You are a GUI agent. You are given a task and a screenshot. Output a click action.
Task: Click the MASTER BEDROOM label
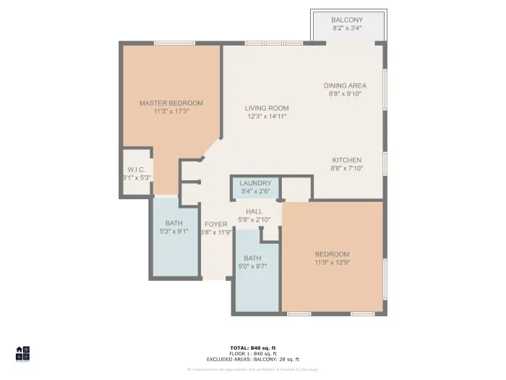(171, 104)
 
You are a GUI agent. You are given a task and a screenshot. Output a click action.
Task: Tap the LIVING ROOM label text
(266, 108)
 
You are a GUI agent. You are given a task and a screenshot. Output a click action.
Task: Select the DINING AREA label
(345, 85)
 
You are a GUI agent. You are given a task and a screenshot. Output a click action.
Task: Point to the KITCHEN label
(346, 160)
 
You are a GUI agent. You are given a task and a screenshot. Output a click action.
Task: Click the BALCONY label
(346, 20)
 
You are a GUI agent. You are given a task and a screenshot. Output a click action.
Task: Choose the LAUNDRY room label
(255, 183)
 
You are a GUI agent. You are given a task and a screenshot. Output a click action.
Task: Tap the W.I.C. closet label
(136, 169)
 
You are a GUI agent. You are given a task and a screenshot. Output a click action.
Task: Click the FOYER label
(216, 224)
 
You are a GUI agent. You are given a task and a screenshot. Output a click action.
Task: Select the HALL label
(254, 211)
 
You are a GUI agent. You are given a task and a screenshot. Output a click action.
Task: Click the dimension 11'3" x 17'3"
(171, 112)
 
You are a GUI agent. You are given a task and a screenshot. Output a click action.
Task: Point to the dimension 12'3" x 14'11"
(266, 117)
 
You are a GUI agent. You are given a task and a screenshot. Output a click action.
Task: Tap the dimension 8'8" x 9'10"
(345, 93)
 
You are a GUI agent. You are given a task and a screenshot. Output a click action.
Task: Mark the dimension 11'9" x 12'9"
(332, 263)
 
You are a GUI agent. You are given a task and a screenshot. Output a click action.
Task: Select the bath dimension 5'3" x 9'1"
(173, 232)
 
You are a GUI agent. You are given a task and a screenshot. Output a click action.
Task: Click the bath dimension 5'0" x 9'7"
(252, 266)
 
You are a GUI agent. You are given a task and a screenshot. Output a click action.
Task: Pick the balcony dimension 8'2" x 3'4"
(346, 28)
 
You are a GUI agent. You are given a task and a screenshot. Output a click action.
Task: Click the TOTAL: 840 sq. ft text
(253, 348)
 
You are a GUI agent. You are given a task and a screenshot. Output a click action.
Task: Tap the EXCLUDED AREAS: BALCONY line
(253, 359)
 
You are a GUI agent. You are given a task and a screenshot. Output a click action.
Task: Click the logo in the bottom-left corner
(23, 353)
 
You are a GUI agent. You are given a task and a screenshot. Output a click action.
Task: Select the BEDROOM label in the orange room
(332, 254)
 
